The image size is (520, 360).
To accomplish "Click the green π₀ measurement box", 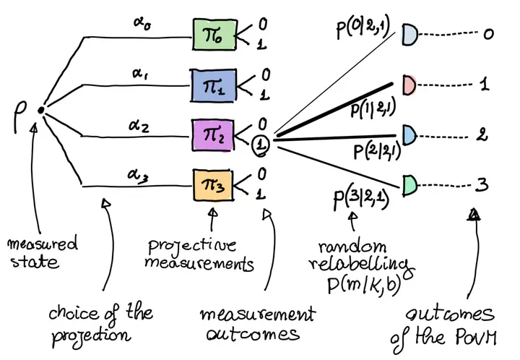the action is point(214,35).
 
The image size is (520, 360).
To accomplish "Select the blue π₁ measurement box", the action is point(213,85).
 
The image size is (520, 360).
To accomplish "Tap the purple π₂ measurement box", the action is point(213,135).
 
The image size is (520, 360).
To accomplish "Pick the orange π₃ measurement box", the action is point(213,185).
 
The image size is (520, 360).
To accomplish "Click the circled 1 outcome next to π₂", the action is point(261,145).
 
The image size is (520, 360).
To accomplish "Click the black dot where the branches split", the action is point(40,110).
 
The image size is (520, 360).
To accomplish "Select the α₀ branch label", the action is point(142,23).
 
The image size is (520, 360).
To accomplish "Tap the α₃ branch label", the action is point(138,175).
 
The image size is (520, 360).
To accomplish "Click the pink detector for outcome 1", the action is point(409,85).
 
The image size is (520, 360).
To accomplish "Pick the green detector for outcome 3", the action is point(410,185).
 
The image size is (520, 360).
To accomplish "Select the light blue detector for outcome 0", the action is point(410,35).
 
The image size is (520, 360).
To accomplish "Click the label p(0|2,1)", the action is point(363,27).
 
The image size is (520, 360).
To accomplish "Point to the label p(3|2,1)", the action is point(362,198).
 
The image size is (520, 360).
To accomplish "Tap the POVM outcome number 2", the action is point(482,134).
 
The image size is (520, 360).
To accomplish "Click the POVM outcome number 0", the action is point(488,34).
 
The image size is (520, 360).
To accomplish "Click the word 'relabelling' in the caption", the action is point(362,265).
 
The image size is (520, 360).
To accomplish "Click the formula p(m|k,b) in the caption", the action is point(364,285).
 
